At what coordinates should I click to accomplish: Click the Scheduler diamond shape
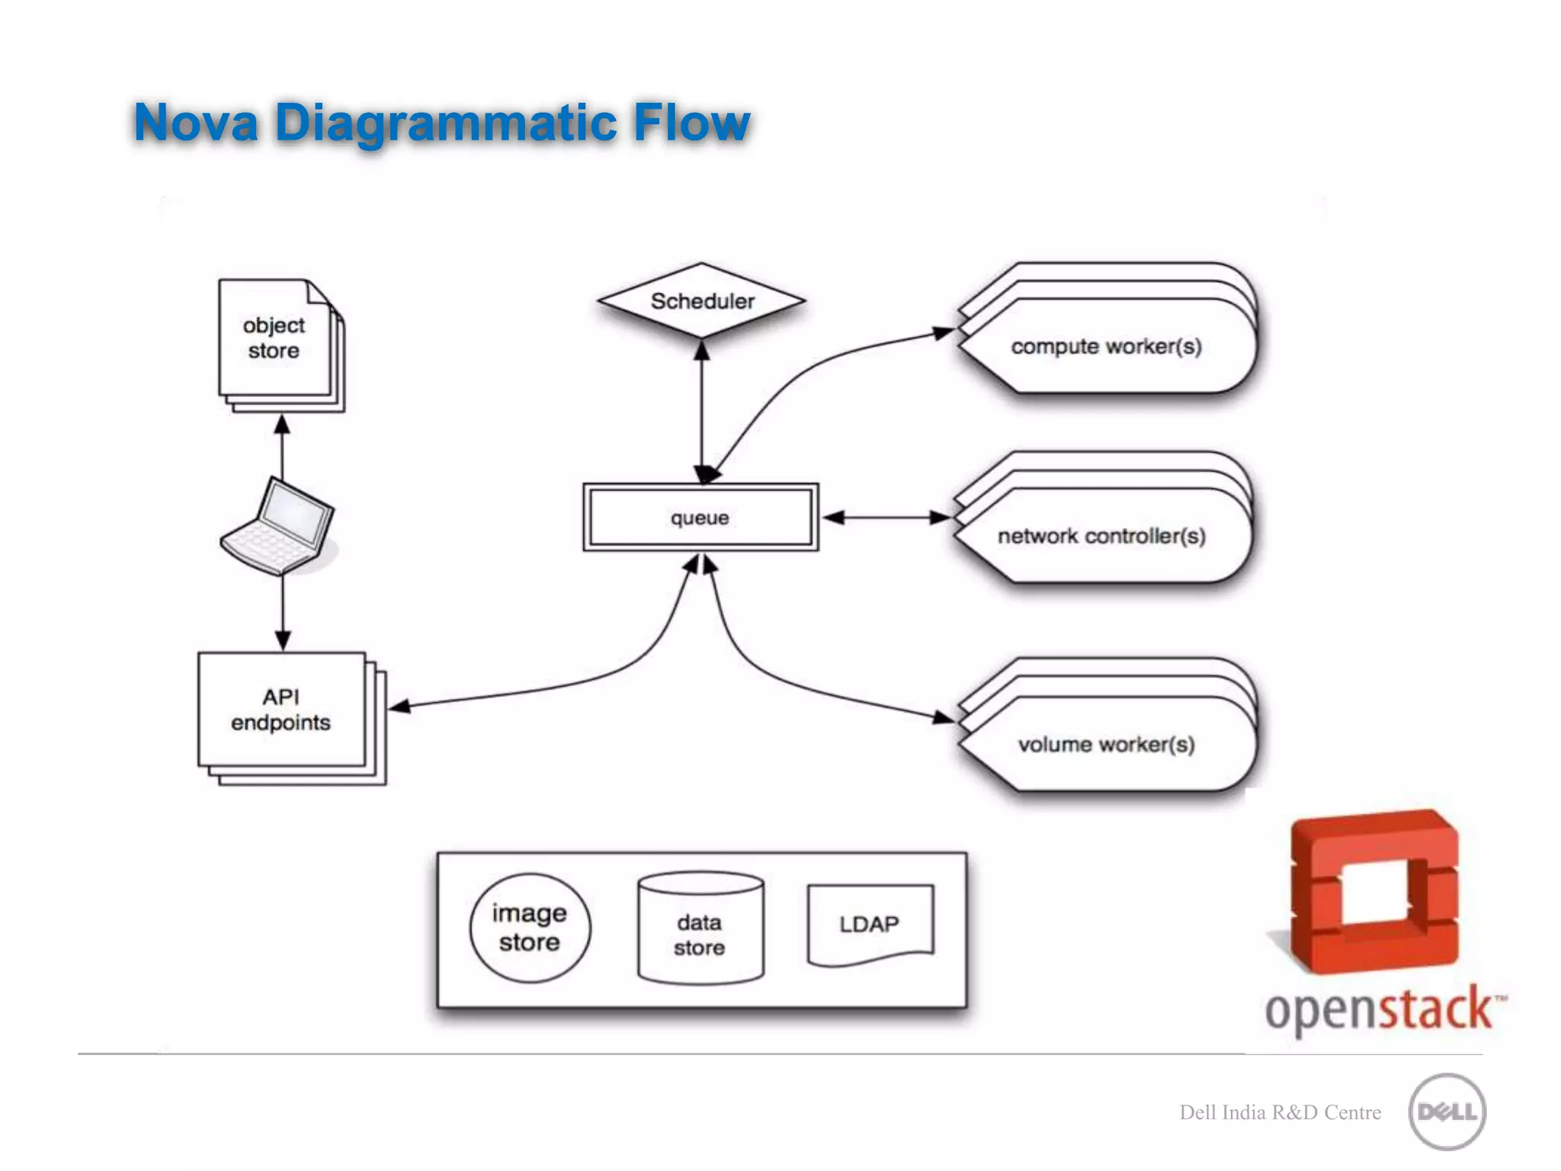click(x=701, y=301)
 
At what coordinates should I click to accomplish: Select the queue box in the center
click(x=700, y=518)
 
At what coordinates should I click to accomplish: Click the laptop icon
click(x=278, y=526)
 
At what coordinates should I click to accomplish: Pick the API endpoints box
click(x=282, y=710)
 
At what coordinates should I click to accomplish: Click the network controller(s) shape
click(x=1102, y=536)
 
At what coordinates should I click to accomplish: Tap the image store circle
click(x=530, y=928)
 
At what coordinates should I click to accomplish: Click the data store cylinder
click(x=700, y=930)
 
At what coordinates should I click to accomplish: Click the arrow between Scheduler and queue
click(x=702, y=412)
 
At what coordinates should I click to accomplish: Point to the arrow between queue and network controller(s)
click(x=886, y=518)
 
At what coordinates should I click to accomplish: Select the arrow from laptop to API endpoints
click(x=283, y=610)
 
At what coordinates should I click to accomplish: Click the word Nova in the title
click(x=197, y=122)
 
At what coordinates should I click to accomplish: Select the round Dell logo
click(x=1447, y=1112)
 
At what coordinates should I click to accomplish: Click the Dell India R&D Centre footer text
click(x=1280, y=1112)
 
